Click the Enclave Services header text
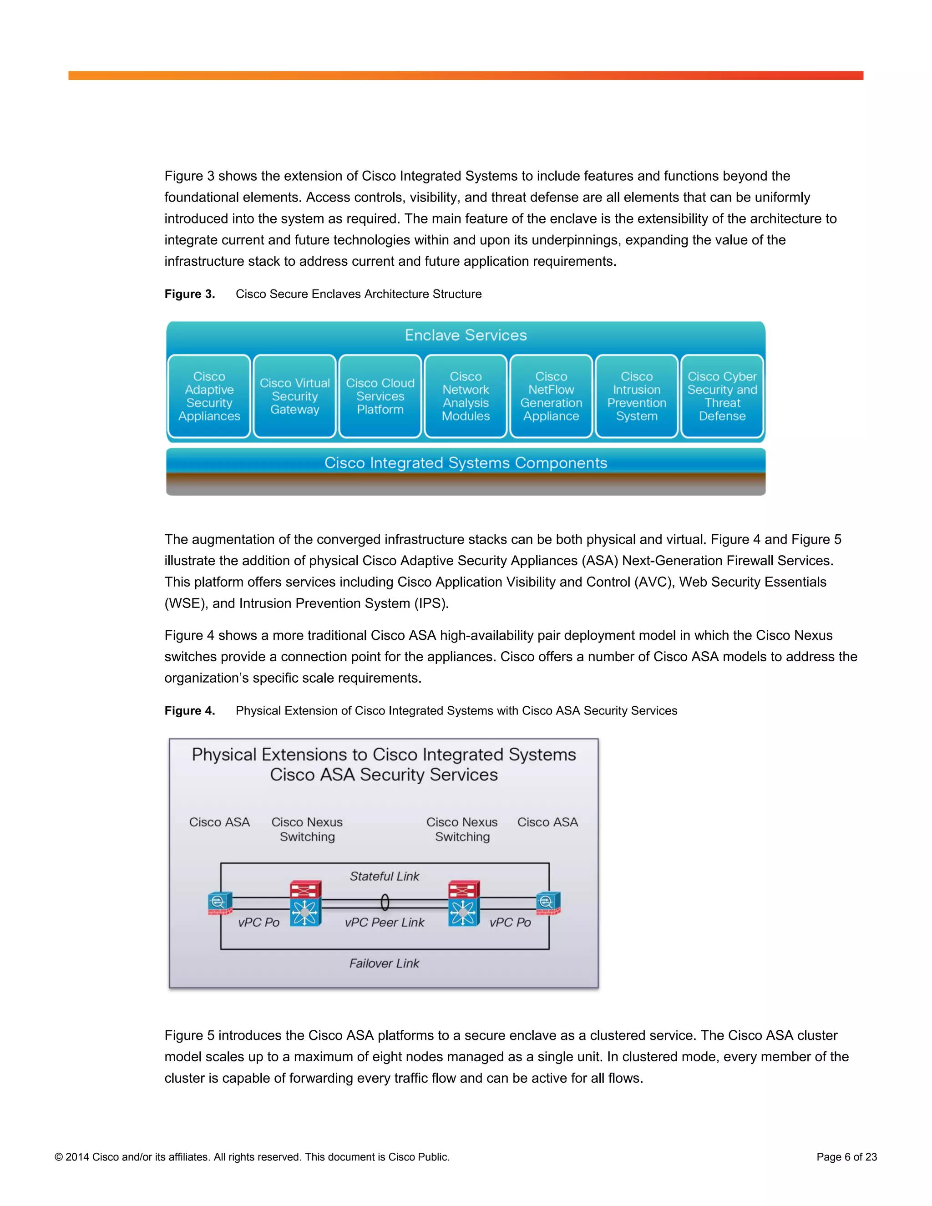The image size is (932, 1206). pos(466,335)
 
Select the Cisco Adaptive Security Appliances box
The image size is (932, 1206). pos(209,396)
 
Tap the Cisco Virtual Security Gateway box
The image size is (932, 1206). pos(295,396)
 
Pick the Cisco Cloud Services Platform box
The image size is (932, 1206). pos(380,396)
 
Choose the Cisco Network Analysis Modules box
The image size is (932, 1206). pos(466,396)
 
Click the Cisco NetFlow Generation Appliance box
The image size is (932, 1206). pos(551,396)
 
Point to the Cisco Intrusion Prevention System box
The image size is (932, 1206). pos(637,396)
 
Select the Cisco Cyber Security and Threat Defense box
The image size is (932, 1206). pos(722,396)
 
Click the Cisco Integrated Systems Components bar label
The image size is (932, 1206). pos(466,463)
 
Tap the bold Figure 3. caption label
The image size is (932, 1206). pos(189,294)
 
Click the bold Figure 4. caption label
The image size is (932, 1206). pos(189,711)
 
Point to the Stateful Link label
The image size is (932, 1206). pos(384,877)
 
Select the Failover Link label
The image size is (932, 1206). pos(384,963)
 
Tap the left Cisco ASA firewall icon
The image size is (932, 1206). pos(220,903)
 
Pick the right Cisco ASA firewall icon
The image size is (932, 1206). pos(548,903)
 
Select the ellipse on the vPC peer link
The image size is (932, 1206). pos(385,902)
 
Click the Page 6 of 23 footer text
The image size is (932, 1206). pos(846,1157)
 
